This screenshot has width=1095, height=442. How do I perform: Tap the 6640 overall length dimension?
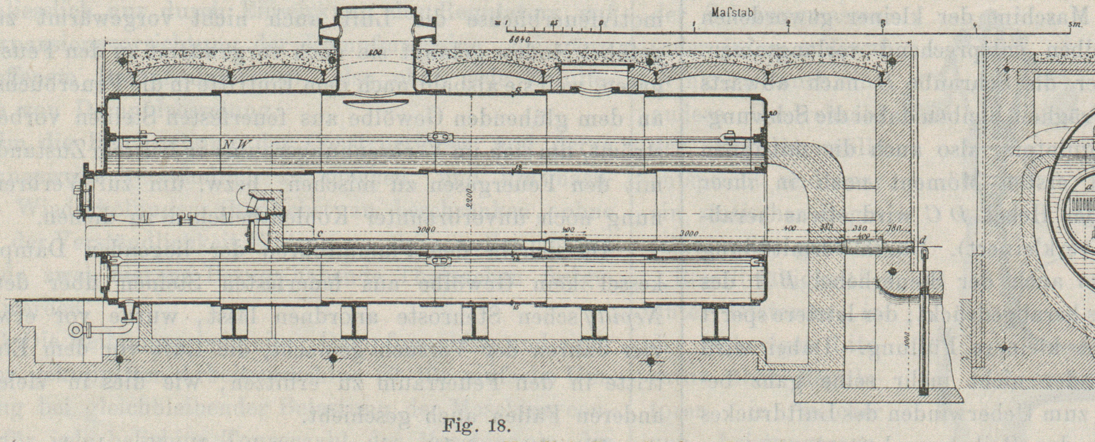pyautogui.click(x=522, y=39)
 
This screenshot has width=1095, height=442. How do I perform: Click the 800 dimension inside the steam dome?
pyautogui.click(x=374, y=53)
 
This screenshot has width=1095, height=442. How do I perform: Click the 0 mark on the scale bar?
pyautogui.click(x=601, y=24)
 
